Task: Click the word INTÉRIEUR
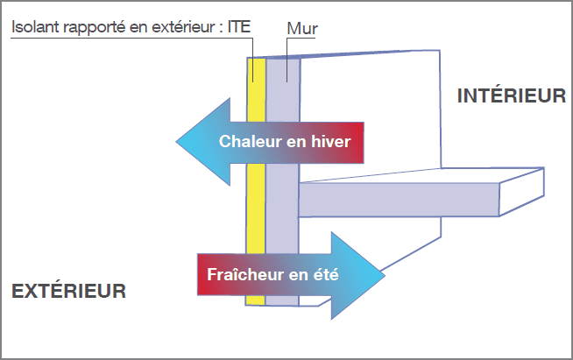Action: (x=511, y=96)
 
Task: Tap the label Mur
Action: (x=301, y=28)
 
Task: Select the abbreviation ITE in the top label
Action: (x=238, y=27)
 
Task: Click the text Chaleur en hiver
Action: (x=284, y=141)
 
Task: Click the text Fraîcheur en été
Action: (x=272, y=274)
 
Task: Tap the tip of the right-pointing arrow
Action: (x=383, y=274)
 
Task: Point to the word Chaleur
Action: (x=250, y=141)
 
